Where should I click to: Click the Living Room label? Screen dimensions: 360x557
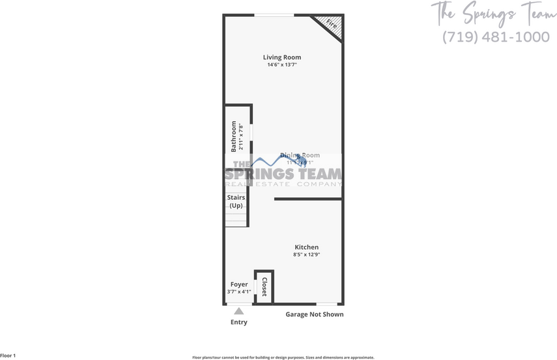click(282, 57)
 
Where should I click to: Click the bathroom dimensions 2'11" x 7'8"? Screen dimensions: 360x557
click(240, 137)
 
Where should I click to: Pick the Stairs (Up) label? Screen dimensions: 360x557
click(235, 201)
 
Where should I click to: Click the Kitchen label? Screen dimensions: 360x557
click(306, 247)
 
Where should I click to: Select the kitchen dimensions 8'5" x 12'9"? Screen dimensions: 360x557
click(306, 255)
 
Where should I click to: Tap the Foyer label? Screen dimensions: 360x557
click(239, 284)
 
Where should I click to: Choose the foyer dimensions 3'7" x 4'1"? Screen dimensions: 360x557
click(239, 292)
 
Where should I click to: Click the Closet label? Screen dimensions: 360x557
click(264, 287)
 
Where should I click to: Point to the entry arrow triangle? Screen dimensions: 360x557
click(239, 311)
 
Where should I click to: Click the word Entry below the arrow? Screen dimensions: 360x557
click(239, 322)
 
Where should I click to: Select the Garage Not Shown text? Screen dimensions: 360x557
click(315, 314)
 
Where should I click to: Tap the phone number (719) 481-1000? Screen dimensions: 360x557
click(496, 36)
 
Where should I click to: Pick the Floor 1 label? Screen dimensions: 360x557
click(8, 355)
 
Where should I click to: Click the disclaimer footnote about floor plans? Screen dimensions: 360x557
click(283, 357)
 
